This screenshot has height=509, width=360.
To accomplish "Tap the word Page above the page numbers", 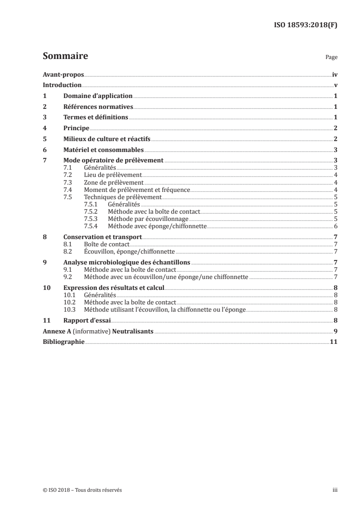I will (331, 58).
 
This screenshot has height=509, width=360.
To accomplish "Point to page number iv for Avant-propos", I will (335, 75).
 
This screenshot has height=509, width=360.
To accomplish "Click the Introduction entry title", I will (62, 85).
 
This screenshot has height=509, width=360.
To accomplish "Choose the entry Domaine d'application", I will (98, 96).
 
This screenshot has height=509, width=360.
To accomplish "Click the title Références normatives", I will (98, 107).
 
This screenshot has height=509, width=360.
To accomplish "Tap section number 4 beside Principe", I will (44, 128).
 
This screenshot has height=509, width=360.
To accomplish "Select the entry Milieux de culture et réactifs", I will (107, 139).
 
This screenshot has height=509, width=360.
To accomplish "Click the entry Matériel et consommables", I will (104, 150).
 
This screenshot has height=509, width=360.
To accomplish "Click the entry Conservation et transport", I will (103, 237).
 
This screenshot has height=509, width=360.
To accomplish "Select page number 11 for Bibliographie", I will (334, 342).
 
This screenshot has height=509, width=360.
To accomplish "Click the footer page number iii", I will (335, 490).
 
